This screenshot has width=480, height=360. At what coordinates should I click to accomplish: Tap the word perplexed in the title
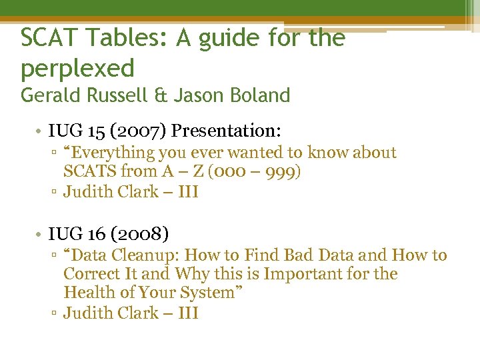[77, 67]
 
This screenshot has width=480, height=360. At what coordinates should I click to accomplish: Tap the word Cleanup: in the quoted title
[145, 255]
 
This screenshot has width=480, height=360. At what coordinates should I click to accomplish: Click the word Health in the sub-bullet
[89, 292]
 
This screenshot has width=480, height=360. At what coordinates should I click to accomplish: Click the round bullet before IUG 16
[40, 234]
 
